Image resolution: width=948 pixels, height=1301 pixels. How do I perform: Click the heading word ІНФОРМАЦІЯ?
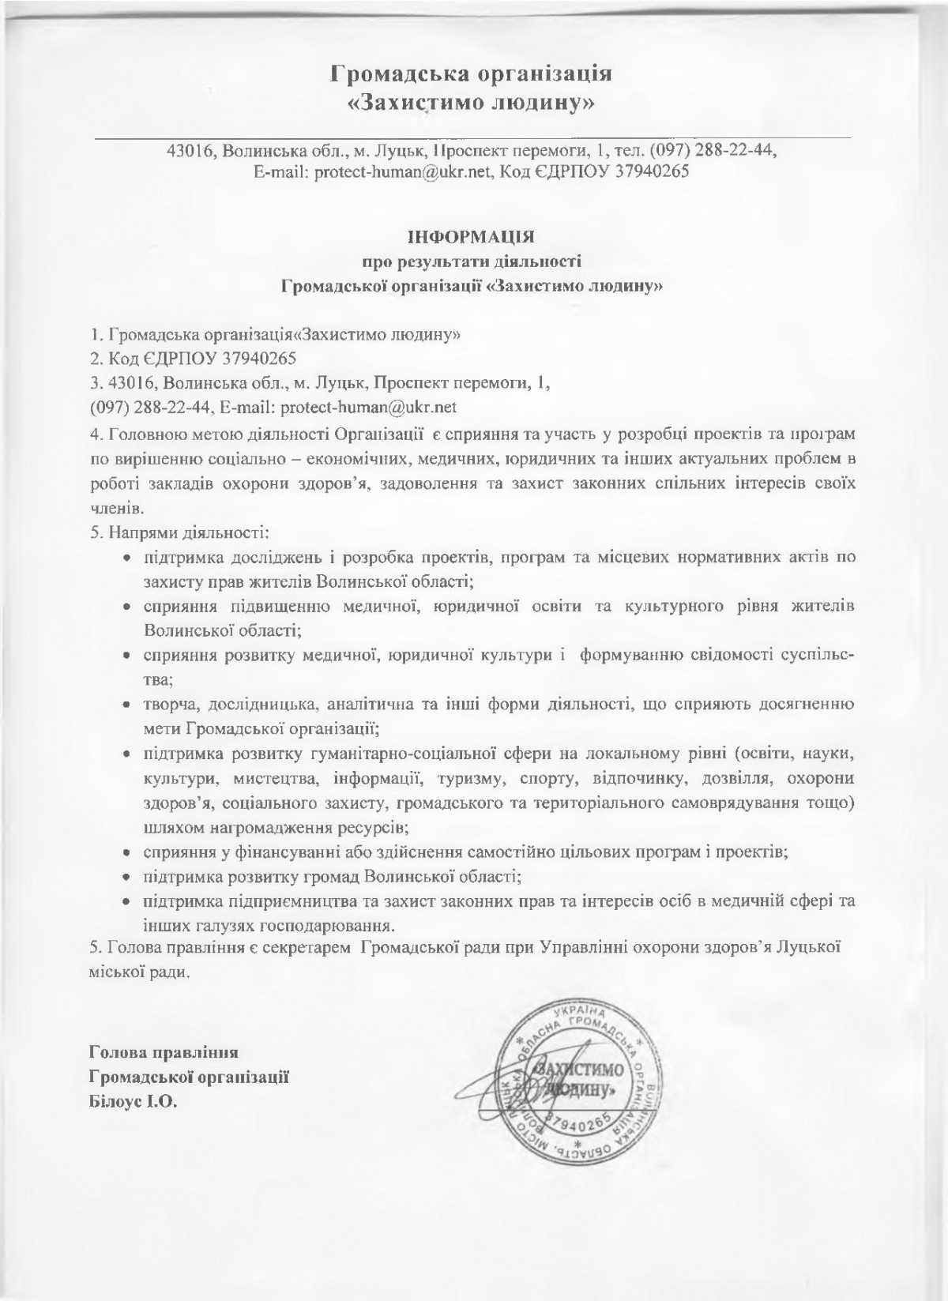pos(472,235)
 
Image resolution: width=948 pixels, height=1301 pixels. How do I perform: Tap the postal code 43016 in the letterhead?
pos(186,151)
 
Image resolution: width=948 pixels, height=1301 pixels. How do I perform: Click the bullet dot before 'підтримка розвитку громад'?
pos(126,878)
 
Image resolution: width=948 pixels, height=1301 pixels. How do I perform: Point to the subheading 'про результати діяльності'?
pos(472,260)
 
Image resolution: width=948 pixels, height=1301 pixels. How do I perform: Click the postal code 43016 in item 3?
pos(122,383)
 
